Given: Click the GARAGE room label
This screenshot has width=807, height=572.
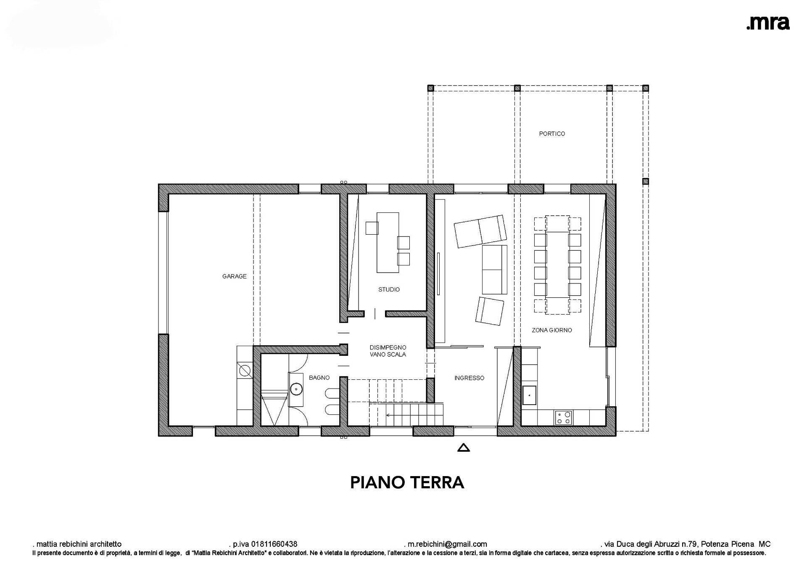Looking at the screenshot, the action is (x=235, y=276).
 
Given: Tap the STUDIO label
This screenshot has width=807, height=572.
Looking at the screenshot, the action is (x=389, y=289).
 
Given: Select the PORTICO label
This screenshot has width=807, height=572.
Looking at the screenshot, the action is (x=552, y=134).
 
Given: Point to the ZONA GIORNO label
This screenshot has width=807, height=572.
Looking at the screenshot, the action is (x=552, y=330).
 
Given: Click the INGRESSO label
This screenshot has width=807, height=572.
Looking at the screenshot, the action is (x=469, y=378).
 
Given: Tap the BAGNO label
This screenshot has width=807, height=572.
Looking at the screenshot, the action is (x=319, y=378).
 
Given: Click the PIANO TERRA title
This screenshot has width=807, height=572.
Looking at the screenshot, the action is (x=407, y=482).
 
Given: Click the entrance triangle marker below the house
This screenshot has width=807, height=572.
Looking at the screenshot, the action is (x=463, y=448).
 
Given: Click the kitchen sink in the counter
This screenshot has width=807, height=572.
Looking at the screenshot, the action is (x=530, y=395).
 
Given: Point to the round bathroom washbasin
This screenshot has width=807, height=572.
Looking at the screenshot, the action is (x=296, y=389).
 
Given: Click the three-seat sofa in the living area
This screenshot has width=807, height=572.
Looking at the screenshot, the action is (x=494, y=270).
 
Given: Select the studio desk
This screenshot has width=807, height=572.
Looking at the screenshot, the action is (x=388, y=243).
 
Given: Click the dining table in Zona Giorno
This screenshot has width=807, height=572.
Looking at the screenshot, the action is (x=557, y=265).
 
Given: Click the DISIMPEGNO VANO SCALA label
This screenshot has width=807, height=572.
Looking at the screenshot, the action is (x=388, y=351).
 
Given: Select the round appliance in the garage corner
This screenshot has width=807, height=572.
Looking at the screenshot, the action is (x=245, y=371).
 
